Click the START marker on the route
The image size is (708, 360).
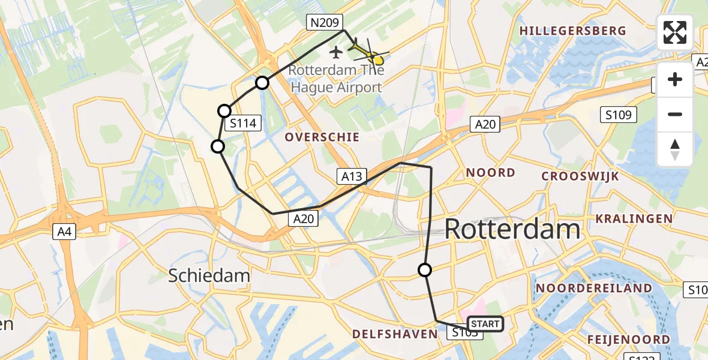485,324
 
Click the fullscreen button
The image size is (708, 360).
675,32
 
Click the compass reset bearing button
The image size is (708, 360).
675,149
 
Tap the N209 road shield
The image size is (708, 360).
325,23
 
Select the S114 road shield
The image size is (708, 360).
242,124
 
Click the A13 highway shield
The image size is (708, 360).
352,176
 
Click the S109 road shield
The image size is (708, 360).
619,115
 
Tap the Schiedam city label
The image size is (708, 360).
209,275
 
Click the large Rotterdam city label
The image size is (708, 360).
512,229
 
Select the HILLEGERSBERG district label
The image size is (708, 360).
572,31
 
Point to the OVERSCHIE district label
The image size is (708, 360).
322,137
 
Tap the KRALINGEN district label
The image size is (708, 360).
634,218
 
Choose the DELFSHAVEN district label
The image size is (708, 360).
394,334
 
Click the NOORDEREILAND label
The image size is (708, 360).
593,288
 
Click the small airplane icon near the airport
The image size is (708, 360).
335,53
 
